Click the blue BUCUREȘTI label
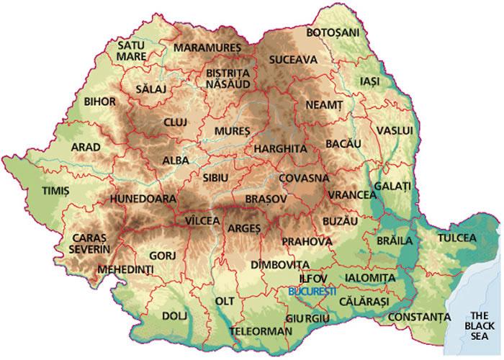coord(311,292)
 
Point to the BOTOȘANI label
coord(332,33)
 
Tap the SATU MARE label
coord(132,50)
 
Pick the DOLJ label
coord(174,315)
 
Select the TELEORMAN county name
coord(261,331)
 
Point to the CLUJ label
coord(175,122)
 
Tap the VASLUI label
coord(395,130)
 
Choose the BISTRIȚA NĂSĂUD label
coord(228,78)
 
